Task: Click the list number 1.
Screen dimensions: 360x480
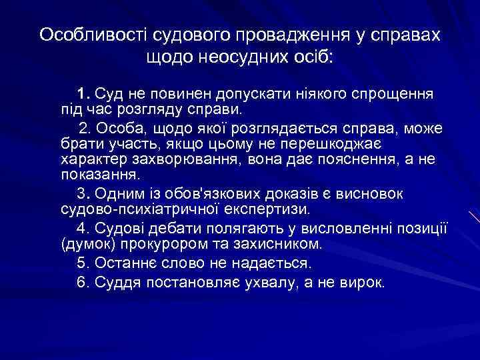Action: [82, 93]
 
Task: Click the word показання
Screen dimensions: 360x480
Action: [97, 177]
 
